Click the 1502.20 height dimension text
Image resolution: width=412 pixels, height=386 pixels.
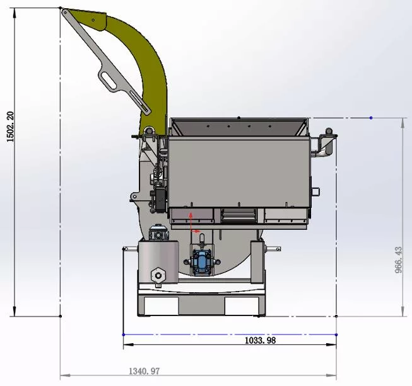pos(10,127)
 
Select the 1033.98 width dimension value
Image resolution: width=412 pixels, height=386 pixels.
pos(261,341)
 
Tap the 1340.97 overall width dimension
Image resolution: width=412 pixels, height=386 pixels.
pos(144,372)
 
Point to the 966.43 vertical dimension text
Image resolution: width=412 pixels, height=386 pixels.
pos(399,260)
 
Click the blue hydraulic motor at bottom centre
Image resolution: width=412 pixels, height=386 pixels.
pos(201,261)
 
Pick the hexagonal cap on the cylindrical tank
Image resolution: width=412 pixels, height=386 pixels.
pos(158,275)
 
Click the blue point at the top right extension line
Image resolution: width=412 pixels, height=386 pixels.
pos(371,118)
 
